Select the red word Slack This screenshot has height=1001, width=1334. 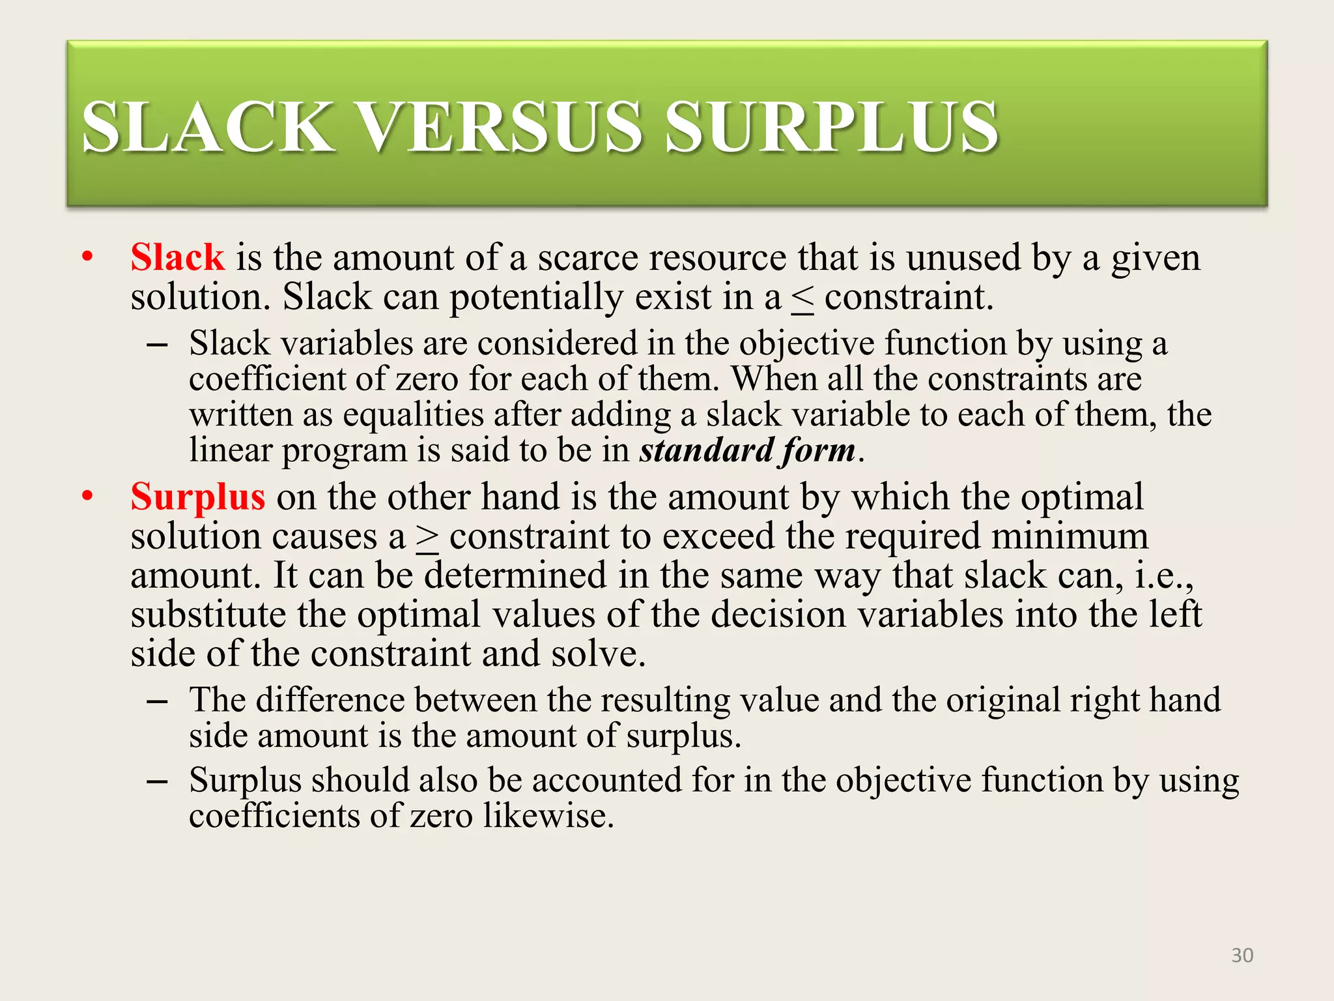tap(177, 257)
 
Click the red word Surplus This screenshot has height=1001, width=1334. tap(197, 497)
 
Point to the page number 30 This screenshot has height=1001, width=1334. tap(1242, 955)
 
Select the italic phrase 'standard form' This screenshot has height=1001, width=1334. tap(747, 450)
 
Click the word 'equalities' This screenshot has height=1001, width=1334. tap(413, 415)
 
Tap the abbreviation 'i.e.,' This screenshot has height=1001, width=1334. tap(1165, 576)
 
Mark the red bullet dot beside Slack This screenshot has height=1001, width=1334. tap(88, 257)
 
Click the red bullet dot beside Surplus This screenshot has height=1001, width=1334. tap(88, 497)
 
